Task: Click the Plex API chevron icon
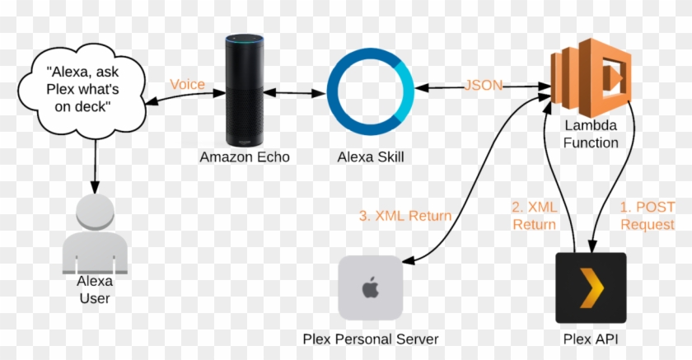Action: [x=591, y=288]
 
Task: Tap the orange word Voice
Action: [x=187, y=84]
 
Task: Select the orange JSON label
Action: [x=484, y=84]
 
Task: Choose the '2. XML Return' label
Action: [x=535, y=216]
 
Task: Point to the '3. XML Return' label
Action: [x=404, y=216]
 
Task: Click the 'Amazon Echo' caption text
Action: [x=245, y=157]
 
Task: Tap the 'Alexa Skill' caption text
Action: [x=374, y=157]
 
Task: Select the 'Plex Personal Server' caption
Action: [x=370, y=339]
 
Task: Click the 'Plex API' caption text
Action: [x=591, y=339]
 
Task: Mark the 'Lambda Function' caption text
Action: [x=591, y=134]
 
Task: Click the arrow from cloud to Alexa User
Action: [x=96, y=165]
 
